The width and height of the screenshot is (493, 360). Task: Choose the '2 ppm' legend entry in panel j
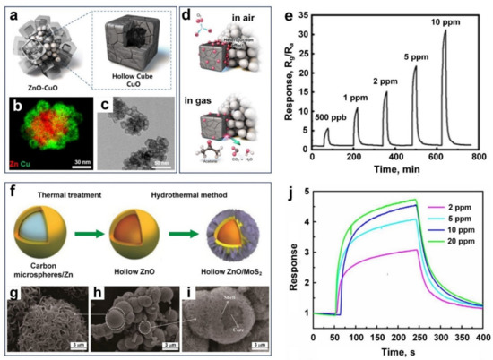click(452, 208)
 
